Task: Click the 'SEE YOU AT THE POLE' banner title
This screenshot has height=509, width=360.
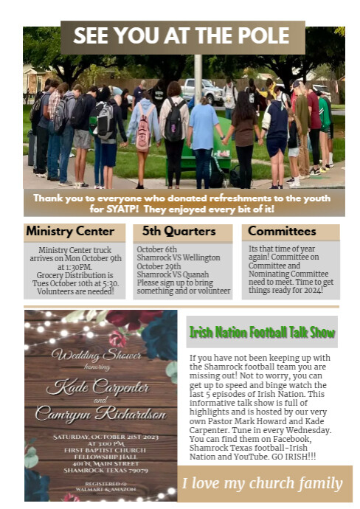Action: (x=181, y=37)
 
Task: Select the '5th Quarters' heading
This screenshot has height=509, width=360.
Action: (x=179, y=232)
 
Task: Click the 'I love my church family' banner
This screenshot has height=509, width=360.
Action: (x=263, y=484)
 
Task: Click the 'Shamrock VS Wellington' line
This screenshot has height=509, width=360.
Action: (x=178, y=257)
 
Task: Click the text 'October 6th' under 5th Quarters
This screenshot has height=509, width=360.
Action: (x=156, y=249)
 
